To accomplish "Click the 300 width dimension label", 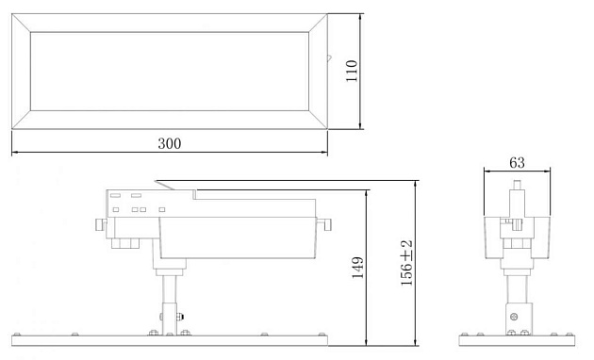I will coord(170,143).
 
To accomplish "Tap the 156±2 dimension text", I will coord(406,263).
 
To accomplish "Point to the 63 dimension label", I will coord(517,162).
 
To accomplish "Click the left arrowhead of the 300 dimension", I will coord(15,153).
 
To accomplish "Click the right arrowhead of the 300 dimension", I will coord(324,153).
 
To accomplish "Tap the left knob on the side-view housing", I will coord(100,226).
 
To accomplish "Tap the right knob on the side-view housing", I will coord(326,224).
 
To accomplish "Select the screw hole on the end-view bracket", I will coord(514,316).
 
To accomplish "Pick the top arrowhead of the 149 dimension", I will coord(366,189).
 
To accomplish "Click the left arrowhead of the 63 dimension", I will coord(487,171).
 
